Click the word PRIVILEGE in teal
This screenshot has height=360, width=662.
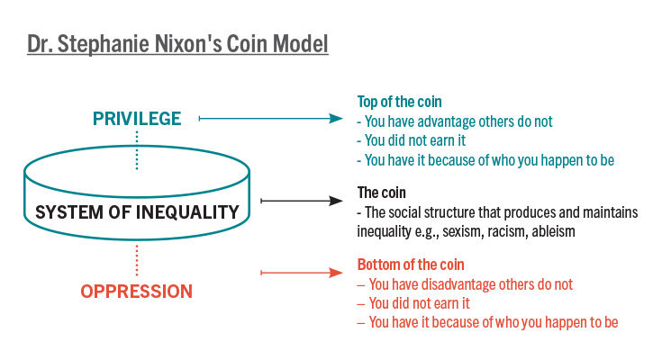click(138, 119)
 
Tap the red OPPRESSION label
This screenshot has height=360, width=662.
click(136, 292)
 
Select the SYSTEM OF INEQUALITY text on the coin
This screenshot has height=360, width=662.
click(137, 213)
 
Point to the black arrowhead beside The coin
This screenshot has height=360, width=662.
click(337, 202)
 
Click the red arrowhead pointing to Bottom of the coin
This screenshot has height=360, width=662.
click(337, 273)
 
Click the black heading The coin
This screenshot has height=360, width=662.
click(381, 193)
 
